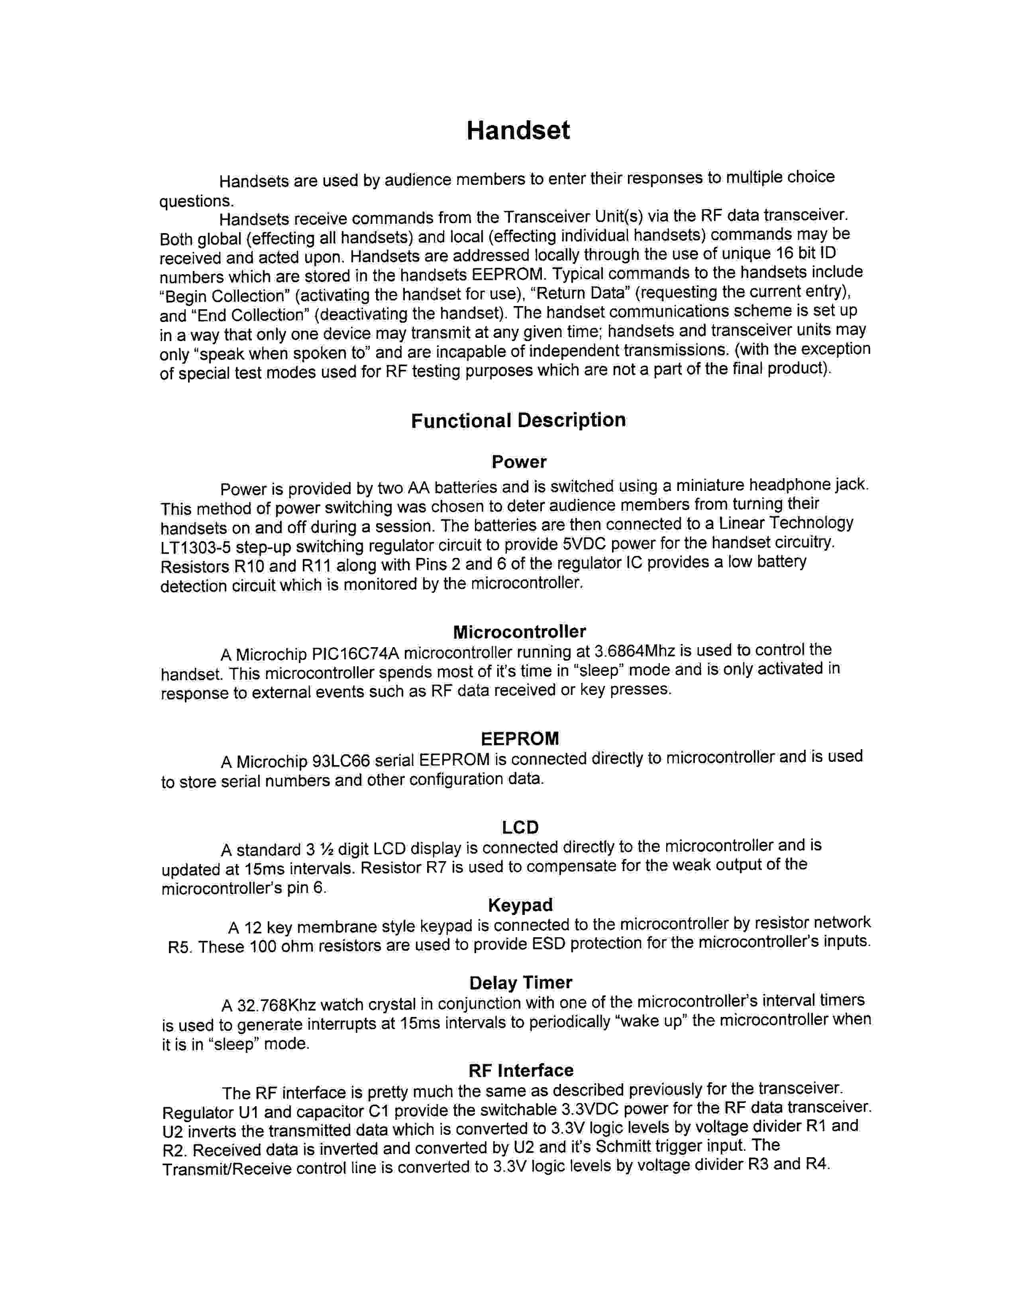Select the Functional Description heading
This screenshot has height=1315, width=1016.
coord(518,420)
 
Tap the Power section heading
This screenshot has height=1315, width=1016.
coord(519,462)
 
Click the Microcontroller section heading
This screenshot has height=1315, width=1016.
coord(519,632)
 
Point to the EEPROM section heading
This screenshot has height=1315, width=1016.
coord(520,738)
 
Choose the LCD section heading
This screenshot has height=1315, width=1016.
coord(520,827)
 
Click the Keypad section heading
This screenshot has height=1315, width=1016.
coord(520,905)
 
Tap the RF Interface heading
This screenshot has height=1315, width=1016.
coord(521,1070)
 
